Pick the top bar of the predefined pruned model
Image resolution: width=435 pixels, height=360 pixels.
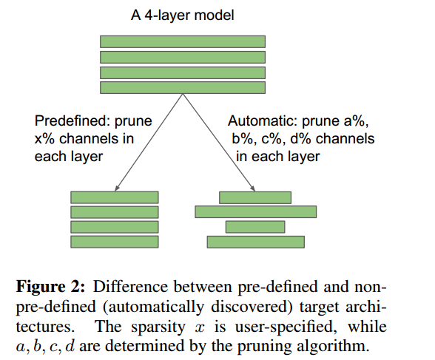click(x=114, y=197)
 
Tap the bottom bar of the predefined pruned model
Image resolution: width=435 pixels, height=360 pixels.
click(x=114, y=242)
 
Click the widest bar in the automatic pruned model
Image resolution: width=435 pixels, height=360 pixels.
click(x=255, y=212)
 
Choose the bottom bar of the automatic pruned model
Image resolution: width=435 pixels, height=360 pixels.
click(x=255, y=242)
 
